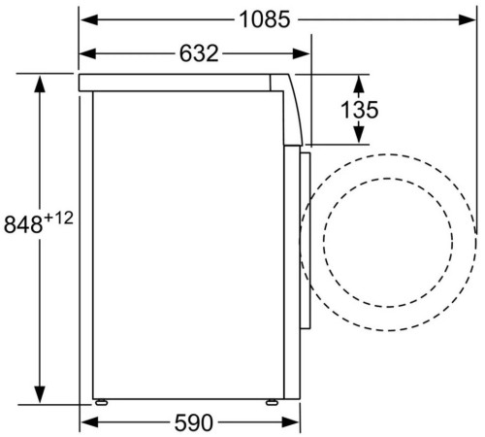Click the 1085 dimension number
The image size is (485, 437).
[265, 19]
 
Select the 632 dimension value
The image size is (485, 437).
[199, 53]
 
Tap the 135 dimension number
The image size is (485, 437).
[359, 110]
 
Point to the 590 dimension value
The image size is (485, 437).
[194, 422]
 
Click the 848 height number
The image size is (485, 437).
[23, 224]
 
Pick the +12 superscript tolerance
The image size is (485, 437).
[58, 218]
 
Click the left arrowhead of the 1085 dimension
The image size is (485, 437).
[89, 20]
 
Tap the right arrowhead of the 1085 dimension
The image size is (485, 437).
[467, 20]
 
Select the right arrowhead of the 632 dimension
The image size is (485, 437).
[301, 53]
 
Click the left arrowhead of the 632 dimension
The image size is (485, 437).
[88, 53]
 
